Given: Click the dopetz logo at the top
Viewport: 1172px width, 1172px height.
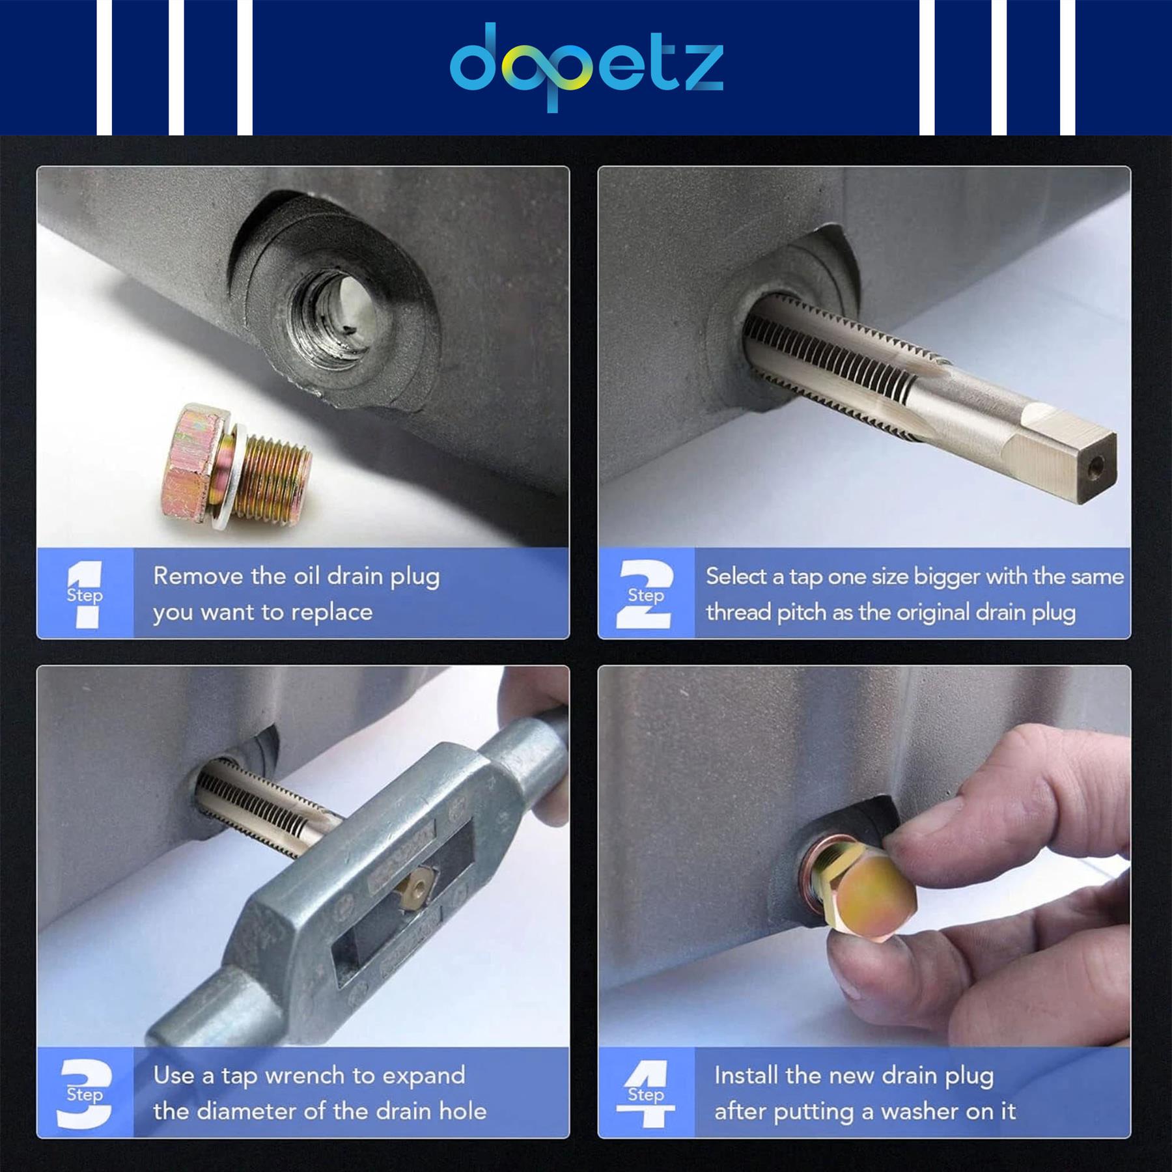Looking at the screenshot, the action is coord(586,66).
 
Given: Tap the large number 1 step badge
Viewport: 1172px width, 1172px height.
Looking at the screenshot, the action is coord(85,594).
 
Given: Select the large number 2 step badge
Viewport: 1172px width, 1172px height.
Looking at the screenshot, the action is coord(645,594).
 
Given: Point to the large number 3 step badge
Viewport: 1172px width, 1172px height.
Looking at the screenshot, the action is coord(85,1093).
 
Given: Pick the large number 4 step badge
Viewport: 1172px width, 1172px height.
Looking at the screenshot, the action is coord(646,1093).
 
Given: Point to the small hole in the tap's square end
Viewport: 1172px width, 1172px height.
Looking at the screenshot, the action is coord(1096,465).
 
